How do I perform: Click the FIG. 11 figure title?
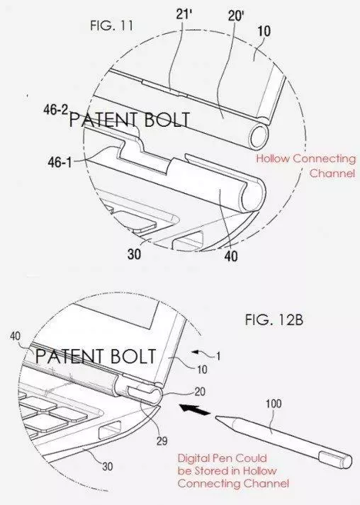pyautogui.click(x=111, y=25)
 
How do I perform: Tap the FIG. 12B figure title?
pyautogui.click(x=274, y=320)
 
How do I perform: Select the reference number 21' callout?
pyautogui.click(x=184, y=14)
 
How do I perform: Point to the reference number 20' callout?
pyautogui.click(x=236, y=16)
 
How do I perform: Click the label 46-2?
pyautogui.click(x=56, y=110)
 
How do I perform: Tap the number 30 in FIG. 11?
pyautogui.click(x=135, y=254)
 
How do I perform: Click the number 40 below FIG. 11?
pyautogui.click(x=231, y=256)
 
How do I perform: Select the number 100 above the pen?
pyautogui.click(x=274, y=404)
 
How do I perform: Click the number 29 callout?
pyautogui.click(x=162, y=441)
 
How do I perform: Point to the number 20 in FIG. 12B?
pyautogui.click(x=200, y=392)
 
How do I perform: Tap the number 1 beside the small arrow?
pyautogui.click(x=218, y=356)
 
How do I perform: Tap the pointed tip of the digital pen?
pyautogui.click(x=215, y=417)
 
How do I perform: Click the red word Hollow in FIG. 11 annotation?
pyautogui.click(x=273, y=159)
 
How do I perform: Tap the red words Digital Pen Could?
pyautogui.click(x=222, y=458)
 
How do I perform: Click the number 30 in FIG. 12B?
pyautogui.click(x=108, y=466)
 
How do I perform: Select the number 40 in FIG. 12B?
pyautogui.click(x=15, y=336)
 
